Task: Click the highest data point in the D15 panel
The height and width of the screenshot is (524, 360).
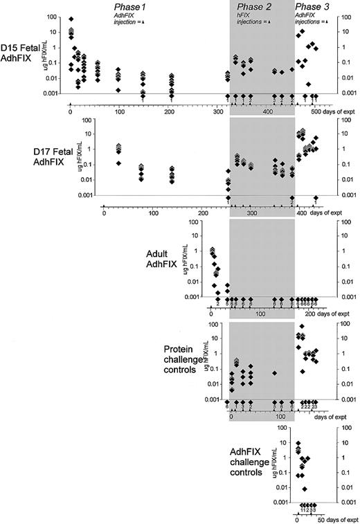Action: click(x=71, y=19)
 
